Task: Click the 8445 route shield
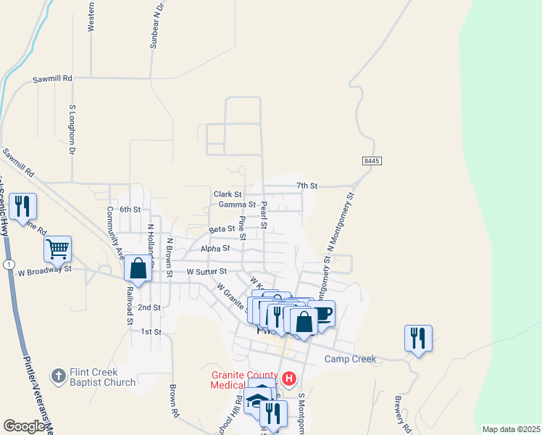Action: tap(371, 160)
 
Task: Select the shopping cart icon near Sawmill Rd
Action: tap(57, 249)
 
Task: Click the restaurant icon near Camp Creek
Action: tap(418, 338)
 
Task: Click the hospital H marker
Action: tap(289, 378)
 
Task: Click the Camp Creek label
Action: tap(351, 359)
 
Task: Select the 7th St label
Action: tap(309, 186)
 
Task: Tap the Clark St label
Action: tap(228, 194)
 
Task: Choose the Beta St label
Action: tap(222, 228)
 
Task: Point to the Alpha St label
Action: tap(215, 247)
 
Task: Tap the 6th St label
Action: tap(130, 209)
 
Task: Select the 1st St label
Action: tap(150, 331)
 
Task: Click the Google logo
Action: tap(25, 426)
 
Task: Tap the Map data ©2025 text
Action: tap(511, 429)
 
